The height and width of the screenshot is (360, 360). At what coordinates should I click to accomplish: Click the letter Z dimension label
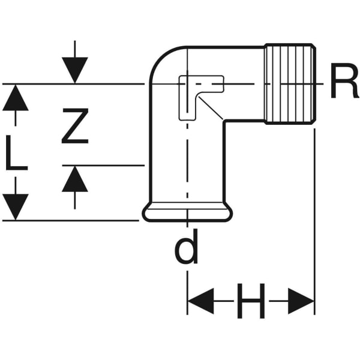[75, 125]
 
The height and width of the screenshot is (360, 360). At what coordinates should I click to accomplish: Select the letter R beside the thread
[344, 84]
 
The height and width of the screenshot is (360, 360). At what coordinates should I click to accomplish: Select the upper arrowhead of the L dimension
[16, 98]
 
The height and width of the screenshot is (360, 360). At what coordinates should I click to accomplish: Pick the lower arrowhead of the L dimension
[16, 207]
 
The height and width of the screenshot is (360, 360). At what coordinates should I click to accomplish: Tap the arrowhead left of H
[201, 300]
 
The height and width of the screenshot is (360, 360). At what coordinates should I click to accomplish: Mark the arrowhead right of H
[301, 300]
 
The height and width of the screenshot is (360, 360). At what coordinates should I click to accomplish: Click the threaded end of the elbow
[290, 85]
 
